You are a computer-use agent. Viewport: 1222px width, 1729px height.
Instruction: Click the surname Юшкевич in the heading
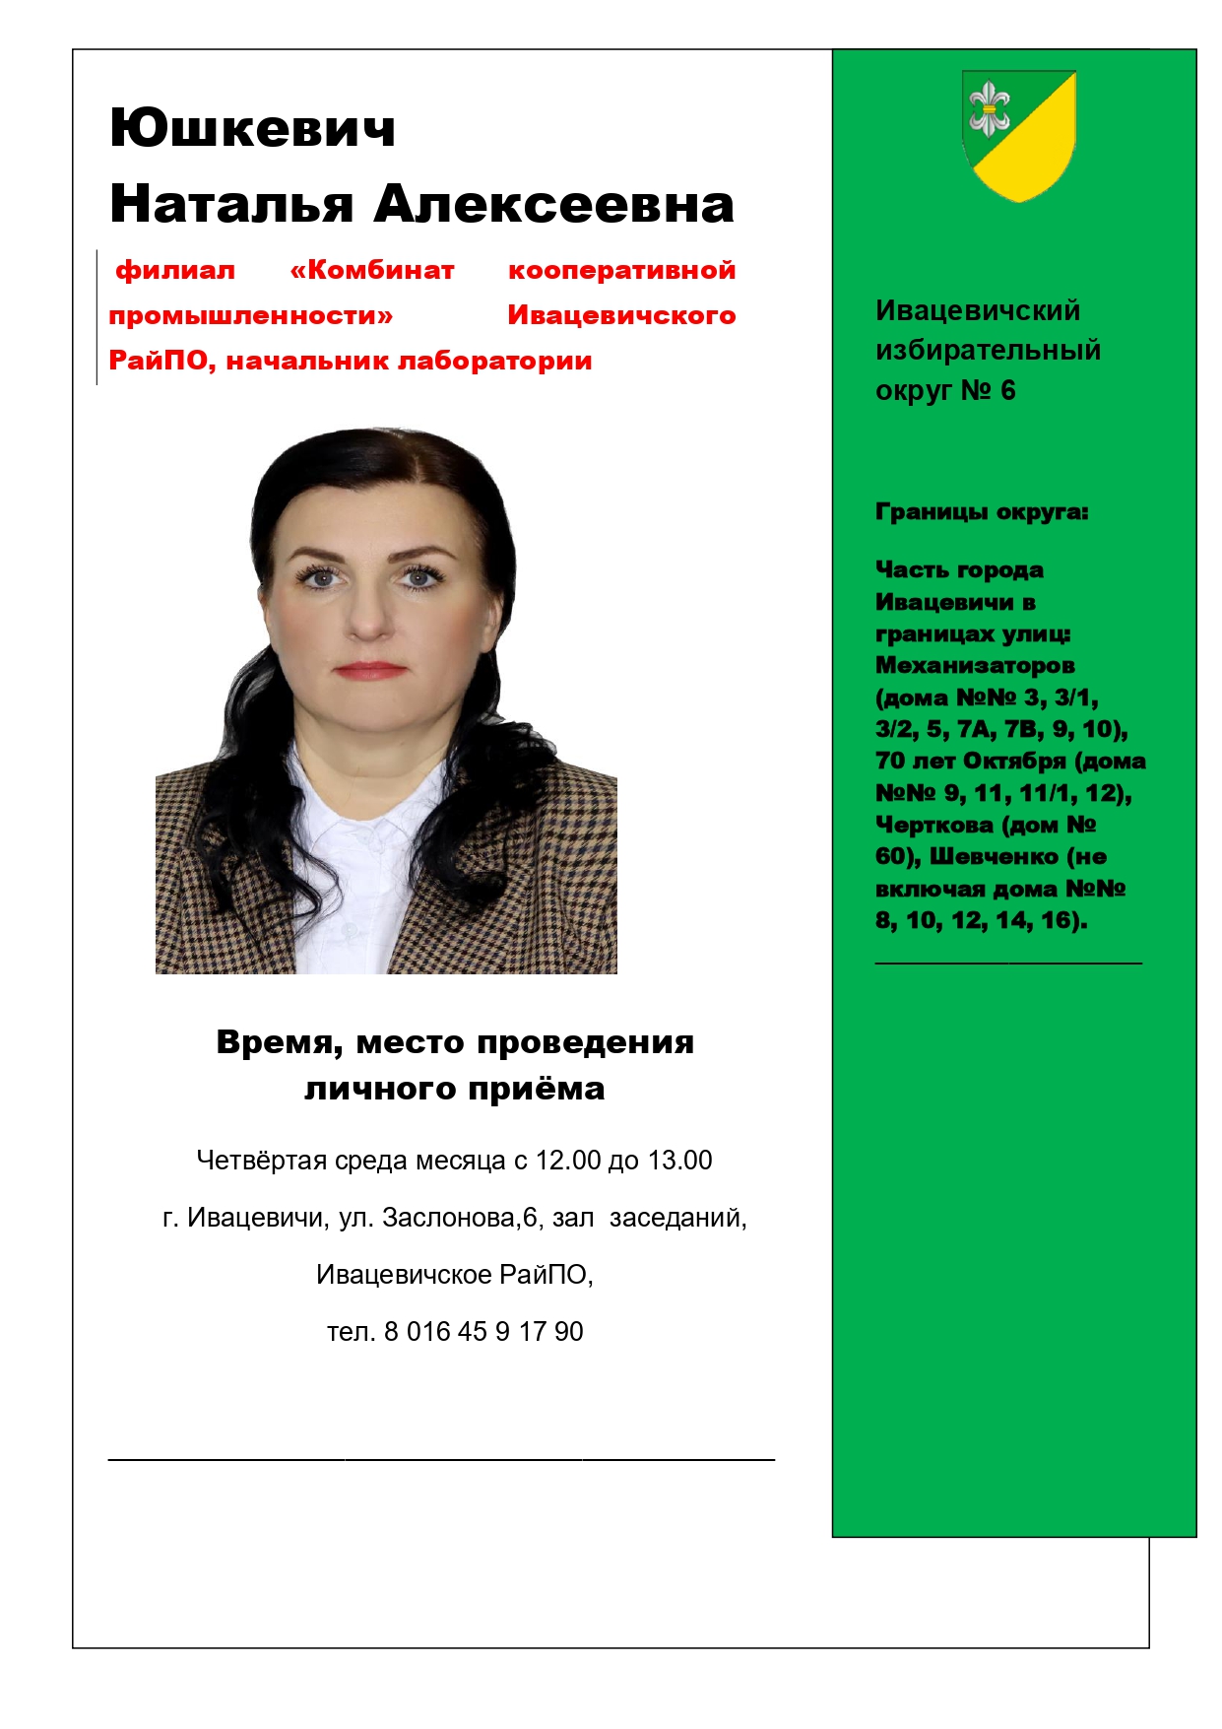pyautogui.click(x=252, y=129)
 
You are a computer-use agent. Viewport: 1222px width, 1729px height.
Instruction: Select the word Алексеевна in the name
pyautogui.click(x=553, y=204)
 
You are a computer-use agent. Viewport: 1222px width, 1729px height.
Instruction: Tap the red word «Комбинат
pyautogui.click(x=372, y=270)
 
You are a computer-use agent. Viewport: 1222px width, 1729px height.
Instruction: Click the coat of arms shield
pyautogui.click(x=1018, y=135)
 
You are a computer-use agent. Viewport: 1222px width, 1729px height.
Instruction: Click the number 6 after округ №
pyautogui.click(x=1007, y=390)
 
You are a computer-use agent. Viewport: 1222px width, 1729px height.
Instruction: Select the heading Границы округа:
pyautogui.click(x=982, y=512)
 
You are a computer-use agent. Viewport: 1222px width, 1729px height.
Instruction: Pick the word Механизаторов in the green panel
pyautogui.click(x=975, y=665)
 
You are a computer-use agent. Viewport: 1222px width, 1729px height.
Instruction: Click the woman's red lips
pyautogui.click(x=370, y=670)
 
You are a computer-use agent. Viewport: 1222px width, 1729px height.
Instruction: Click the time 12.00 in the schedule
pyautogui.click(x=567, y=1161)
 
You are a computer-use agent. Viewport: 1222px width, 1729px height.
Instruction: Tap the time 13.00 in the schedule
pyautogui.click(x=678, y=1161)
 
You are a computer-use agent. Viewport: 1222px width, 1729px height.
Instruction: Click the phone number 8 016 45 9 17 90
pyautogui.click(x=483, y=1332)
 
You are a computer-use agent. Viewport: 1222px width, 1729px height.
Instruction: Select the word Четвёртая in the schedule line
pyautogui.click(x=261, y=1161)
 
